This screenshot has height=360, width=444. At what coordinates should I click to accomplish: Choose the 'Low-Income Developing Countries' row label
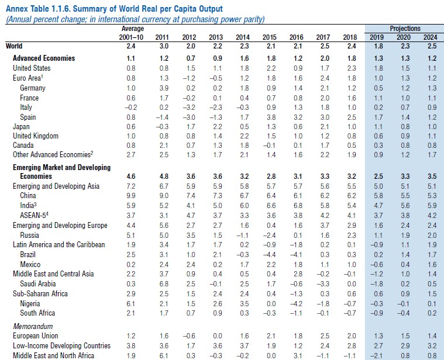[61, 346]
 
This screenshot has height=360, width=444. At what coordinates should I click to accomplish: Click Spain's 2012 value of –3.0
[190, 117]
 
